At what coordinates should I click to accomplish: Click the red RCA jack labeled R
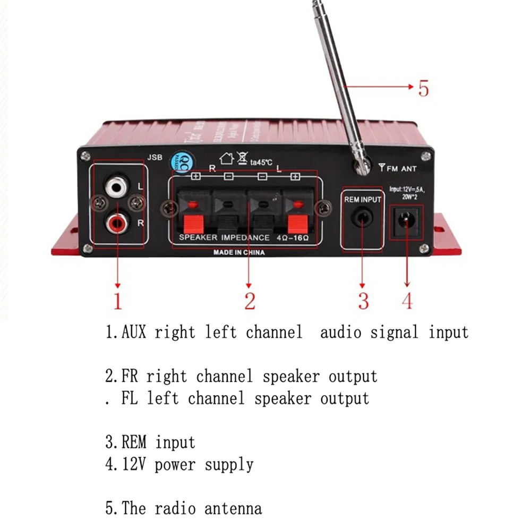117,223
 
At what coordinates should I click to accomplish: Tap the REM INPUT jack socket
362,218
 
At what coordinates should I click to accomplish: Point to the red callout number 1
117,301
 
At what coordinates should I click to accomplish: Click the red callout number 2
250,301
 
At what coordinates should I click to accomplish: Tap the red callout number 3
363,301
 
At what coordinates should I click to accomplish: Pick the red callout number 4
407,301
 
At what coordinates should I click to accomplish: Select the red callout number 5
423,88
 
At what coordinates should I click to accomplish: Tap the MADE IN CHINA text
239,253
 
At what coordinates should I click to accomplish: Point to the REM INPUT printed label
363,199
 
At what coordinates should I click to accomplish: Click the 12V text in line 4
133,465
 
